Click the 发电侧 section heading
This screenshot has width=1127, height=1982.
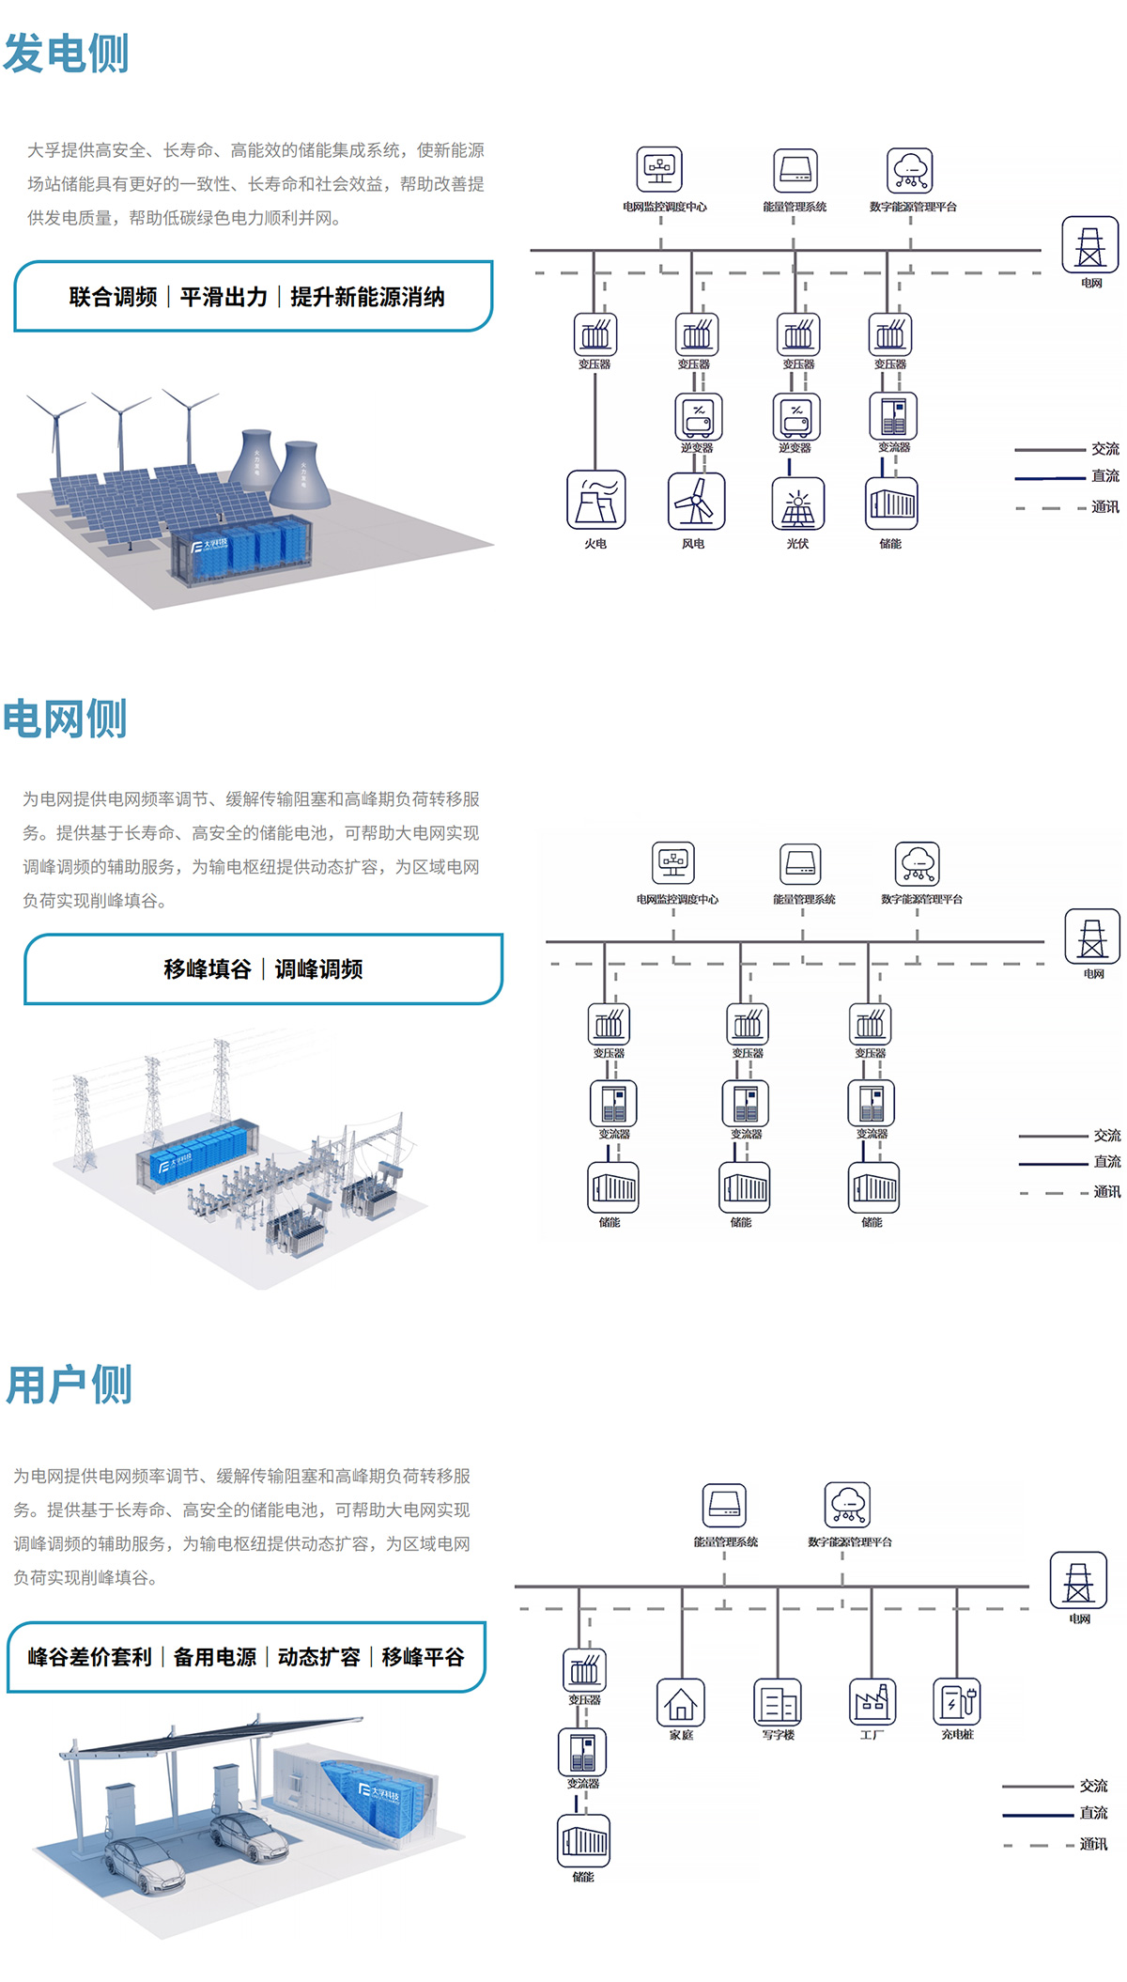pos(66,54)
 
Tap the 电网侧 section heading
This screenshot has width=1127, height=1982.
pos(65,720)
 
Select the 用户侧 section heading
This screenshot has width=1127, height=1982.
pos(69,1386)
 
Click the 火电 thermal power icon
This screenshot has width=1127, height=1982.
pos(595,501)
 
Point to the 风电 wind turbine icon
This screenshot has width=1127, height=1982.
pos(695,501)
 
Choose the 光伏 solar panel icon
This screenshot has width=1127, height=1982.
pos(798,503)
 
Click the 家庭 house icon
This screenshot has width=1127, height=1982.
pos(681,1702)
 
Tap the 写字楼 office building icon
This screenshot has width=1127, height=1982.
pos(778,1702)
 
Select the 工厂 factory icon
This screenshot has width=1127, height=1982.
pos(872,1702)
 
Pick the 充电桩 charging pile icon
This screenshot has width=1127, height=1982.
pos(957,1702)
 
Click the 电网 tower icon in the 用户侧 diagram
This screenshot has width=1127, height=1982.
pos(1078,1581)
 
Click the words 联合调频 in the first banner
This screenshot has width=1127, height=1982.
pos(114,298)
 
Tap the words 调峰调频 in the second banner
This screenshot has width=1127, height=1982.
pos(319,969)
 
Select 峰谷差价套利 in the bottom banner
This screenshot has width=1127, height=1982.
pos(90,1657)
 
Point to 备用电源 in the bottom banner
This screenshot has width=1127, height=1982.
pos(215,1657)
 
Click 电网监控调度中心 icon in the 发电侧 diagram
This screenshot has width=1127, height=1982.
pos(659,170)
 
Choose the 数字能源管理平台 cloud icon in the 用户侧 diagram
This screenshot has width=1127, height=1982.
pos(848,1505)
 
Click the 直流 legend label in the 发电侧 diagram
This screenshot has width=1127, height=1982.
pos(1104,476)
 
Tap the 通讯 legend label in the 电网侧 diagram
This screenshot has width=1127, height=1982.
pos(1106,1192)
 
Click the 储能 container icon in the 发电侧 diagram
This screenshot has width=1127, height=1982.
pos(890,503)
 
